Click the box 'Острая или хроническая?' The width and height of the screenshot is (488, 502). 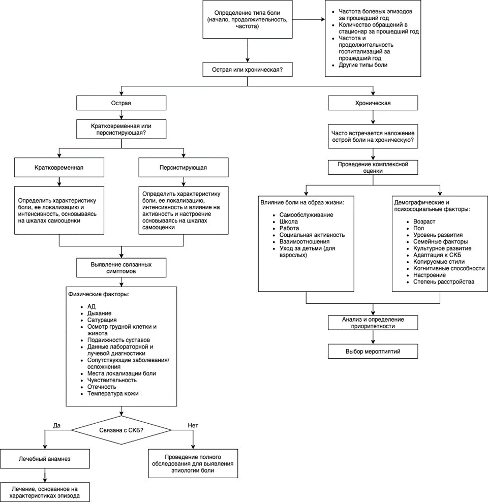247,70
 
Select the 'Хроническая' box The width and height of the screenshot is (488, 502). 373,103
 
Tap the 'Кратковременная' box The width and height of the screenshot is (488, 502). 59,168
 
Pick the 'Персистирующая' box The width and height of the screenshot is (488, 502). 183,168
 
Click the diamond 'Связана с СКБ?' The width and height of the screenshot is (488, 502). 121,430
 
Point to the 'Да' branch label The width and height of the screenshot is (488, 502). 56,425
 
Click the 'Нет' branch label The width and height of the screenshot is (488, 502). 193,425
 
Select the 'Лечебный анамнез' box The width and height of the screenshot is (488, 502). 45,459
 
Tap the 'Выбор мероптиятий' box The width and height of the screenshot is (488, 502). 373,351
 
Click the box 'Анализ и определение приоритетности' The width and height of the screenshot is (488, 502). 373,323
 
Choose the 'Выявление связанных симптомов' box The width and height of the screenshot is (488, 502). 121,268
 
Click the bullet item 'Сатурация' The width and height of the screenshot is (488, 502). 102,320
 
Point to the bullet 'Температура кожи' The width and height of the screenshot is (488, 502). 113,393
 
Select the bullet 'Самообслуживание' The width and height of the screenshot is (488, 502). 306,215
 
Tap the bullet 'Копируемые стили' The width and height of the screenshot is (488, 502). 439,262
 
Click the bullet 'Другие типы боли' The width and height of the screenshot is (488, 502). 363,65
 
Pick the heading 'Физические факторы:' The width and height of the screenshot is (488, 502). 99,294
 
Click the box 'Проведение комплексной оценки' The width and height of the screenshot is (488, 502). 373,168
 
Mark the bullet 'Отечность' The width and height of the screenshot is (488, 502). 102,387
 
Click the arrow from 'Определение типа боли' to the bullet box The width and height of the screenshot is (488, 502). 309,19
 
